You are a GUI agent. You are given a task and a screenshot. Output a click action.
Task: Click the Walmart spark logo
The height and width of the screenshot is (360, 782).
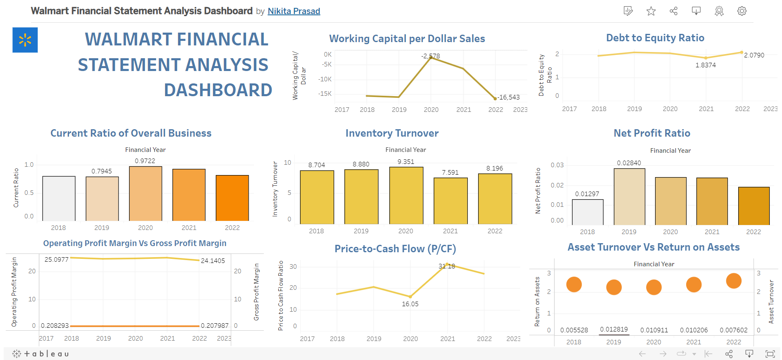[25, 40]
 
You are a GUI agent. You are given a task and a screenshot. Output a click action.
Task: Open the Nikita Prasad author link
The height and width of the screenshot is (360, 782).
[294, 11]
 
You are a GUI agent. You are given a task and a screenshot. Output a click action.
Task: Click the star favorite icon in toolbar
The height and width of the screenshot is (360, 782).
[651, 11]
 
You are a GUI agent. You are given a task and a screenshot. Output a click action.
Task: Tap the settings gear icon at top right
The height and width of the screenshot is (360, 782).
[742, 11]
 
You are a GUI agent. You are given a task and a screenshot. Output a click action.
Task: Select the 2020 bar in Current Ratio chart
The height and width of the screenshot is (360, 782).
[145, 194]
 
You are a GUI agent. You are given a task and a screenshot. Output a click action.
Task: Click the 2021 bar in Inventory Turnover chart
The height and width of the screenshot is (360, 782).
[450, 201]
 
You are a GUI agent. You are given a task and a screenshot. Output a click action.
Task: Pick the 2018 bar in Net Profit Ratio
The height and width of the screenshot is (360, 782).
[587, 212]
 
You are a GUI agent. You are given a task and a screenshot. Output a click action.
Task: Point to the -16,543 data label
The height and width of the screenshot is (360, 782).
[508, 97]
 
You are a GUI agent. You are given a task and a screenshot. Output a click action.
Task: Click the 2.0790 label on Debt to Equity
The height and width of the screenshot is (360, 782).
[754, 55]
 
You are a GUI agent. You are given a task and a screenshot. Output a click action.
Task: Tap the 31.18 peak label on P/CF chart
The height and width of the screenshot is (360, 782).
[447, 266]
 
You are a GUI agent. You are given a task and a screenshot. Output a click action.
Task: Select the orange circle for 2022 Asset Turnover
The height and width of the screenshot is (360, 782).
[733, 281]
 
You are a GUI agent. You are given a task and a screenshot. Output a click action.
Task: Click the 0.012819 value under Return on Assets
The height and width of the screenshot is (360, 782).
[614, 329]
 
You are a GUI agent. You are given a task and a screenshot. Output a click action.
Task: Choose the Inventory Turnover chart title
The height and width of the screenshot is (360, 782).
[392, 133]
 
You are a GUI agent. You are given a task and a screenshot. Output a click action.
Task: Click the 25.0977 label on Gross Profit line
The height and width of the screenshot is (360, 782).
[57, 260]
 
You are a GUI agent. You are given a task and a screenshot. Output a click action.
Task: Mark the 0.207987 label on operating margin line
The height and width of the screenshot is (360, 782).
[214, 326]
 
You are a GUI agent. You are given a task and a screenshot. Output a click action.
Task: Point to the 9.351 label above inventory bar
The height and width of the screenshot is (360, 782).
[405, 162]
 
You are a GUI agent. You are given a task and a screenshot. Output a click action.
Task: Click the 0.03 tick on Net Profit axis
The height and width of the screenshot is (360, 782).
[557, 165]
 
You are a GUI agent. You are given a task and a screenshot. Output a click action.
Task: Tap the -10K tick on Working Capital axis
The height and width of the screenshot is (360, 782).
[325, 79]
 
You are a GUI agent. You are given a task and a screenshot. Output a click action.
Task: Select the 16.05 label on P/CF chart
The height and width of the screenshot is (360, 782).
[410, 304]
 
